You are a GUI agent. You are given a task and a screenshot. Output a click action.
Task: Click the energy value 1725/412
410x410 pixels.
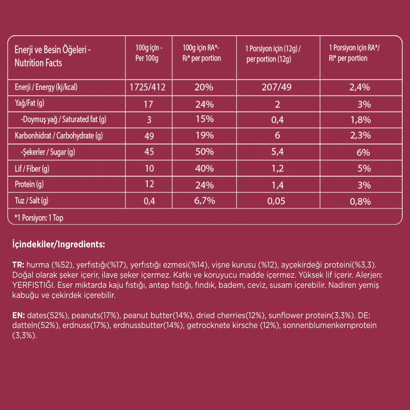[148, 87]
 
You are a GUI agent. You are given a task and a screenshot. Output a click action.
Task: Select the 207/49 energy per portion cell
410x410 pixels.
[277, 87]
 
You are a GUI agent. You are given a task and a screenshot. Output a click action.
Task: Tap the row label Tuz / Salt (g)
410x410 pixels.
[31, 201]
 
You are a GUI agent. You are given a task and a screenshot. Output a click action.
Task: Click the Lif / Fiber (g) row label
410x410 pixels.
[32, 169]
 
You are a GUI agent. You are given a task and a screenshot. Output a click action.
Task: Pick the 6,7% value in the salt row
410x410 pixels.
[204, 201]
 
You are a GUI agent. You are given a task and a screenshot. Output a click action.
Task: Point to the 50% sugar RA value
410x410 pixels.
[204, 152]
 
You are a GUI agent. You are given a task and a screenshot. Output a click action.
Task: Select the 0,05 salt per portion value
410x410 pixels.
[276, 201]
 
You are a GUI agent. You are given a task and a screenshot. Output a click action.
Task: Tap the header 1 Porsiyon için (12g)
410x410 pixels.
[273, 49]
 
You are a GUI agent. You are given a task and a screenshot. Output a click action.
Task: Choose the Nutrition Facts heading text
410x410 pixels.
[38, 63]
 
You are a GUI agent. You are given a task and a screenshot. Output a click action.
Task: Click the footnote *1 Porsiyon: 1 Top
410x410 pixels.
[39, 218]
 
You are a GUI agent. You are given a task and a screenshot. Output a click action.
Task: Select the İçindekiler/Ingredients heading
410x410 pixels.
[58, 244]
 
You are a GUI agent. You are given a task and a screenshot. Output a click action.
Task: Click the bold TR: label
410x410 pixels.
[18, 265]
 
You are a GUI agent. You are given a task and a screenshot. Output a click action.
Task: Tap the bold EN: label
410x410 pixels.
[19, 315]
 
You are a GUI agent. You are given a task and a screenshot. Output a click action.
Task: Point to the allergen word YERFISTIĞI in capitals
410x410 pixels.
[32, 285]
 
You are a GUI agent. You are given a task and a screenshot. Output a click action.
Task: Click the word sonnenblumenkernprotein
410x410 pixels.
[330, 326]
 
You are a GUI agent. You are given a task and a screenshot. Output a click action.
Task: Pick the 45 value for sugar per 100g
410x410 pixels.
[149, 152]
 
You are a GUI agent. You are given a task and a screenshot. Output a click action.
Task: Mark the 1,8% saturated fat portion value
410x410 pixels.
[361, 120]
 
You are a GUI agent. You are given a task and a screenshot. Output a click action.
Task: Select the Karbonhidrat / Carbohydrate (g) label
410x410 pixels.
[59, 136]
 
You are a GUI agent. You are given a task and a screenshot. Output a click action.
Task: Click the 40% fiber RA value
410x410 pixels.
[204, 168]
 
